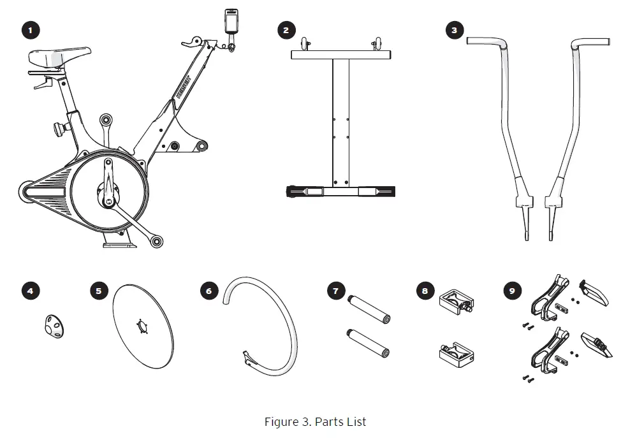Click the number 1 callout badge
(x=30, y=29)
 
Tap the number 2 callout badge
(x=286, y=29)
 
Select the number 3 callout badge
(x=454, y=29)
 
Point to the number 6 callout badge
(x=208, y=291)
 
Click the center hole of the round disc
(x=142, y=327)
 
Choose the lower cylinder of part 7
(x=369, y=342)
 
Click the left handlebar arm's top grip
(x=486, y=42)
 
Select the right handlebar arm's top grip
(x=590, y=43)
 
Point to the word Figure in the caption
(x=281, y=422)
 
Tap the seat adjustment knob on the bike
(x=59, y=128)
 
